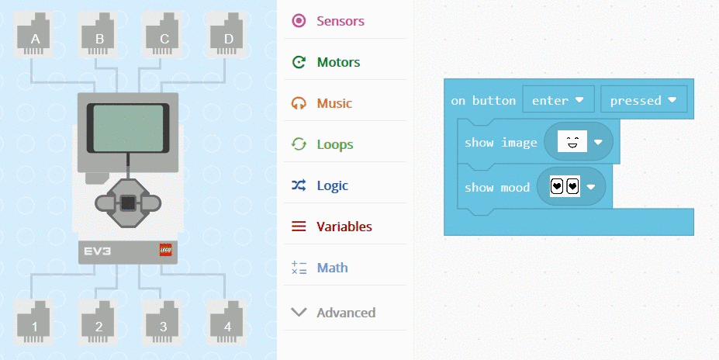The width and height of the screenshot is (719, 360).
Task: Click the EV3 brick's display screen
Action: pos(128,128)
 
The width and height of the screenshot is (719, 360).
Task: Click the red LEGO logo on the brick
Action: pos(166,250)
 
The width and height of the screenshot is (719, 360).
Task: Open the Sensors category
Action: pos(340,21)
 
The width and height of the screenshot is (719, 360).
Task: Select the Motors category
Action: pos(338,62)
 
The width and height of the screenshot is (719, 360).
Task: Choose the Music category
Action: pos(334,103)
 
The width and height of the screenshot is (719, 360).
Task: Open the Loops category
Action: pos(334,144)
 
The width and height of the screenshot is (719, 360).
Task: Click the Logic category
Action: pos(332,185)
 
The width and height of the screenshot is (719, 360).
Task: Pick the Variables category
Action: pos(344,227)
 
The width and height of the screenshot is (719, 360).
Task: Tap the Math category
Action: pos(332,268)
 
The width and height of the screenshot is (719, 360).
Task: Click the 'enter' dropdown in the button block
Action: pos(558,100)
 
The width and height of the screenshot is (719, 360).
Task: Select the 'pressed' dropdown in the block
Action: pos(643,100)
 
